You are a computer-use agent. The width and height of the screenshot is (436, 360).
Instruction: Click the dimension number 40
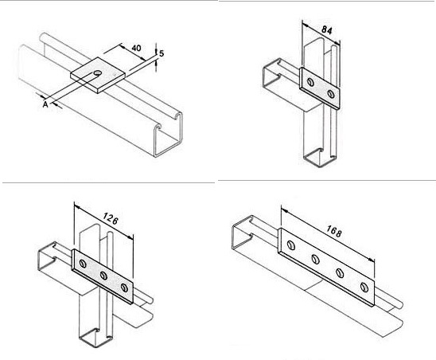coord(136,48)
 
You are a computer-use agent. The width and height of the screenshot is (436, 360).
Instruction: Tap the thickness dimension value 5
coord(162,53)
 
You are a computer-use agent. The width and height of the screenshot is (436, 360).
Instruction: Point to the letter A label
coord(45,104)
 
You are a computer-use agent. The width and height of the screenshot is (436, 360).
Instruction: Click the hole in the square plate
coord(98,72)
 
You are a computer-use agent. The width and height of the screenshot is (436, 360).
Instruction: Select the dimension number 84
coord(327,29)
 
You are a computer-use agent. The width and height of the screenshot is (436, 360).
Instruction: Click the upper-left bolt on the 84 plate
coord(310,82)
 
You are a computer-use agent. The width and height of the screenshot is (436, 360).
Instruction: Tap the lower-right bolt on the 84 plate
coord(331,94)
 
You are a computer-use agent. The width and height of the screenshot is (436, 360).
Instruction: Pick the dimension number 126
coord(111,219)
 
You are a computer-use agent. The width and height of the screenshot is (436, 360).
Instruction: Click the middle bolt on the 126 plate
coord(103,276)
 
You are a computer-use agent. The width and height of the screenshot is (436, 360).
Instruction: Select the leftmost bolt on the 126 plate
coord(83,264)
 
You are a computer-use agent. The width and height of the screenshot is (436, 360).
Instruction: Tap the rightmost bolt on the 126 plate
coord(125,288)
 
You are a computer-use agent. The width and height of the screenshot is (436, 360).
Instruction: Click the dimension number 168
coord(333,231)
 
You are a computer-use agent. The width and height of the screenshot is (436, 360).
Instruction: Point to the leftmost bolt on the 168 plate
coord(291,245)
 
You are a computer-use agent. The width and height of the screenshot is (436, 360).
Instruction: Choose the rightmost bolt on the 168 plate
coord(364,287)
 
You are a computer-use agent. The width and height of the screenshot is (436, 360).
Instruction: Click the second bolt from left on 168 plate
coord(315,259)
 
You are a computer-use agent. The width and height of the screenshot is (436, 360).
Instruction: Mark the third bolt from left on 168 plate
coord(340,273)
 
